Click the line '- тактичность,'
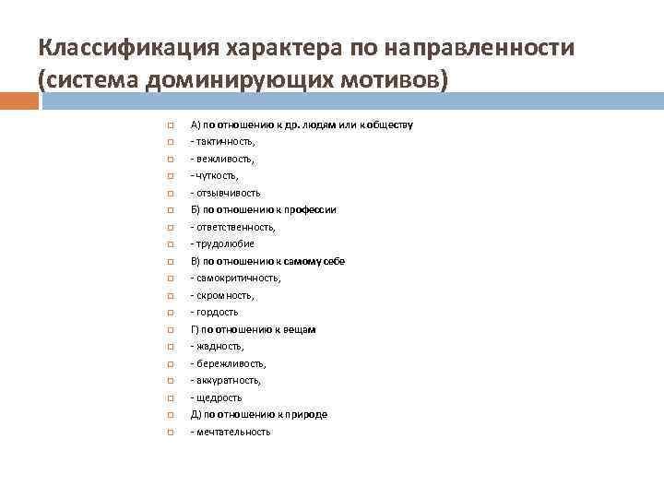coord(222,141)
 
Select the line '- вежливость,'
coord(222,159)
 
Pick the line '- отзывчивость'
coord(225,193)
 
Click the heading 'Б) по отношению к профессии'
coord(263,209)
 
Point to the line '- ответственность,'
coord(232,227)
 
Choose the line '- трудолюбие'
coord(222,243)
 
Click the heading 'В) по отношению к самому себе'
coord(267,261)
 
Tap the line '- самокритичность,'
coord(235,278)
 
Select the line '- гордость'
coord(215,312)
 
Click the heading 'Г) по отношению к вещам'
coord(253,329)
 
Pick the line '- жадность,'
coord(218,346)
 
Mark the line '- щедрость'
coord(217,397)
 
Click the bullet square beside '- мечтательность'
coord(171,432)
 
